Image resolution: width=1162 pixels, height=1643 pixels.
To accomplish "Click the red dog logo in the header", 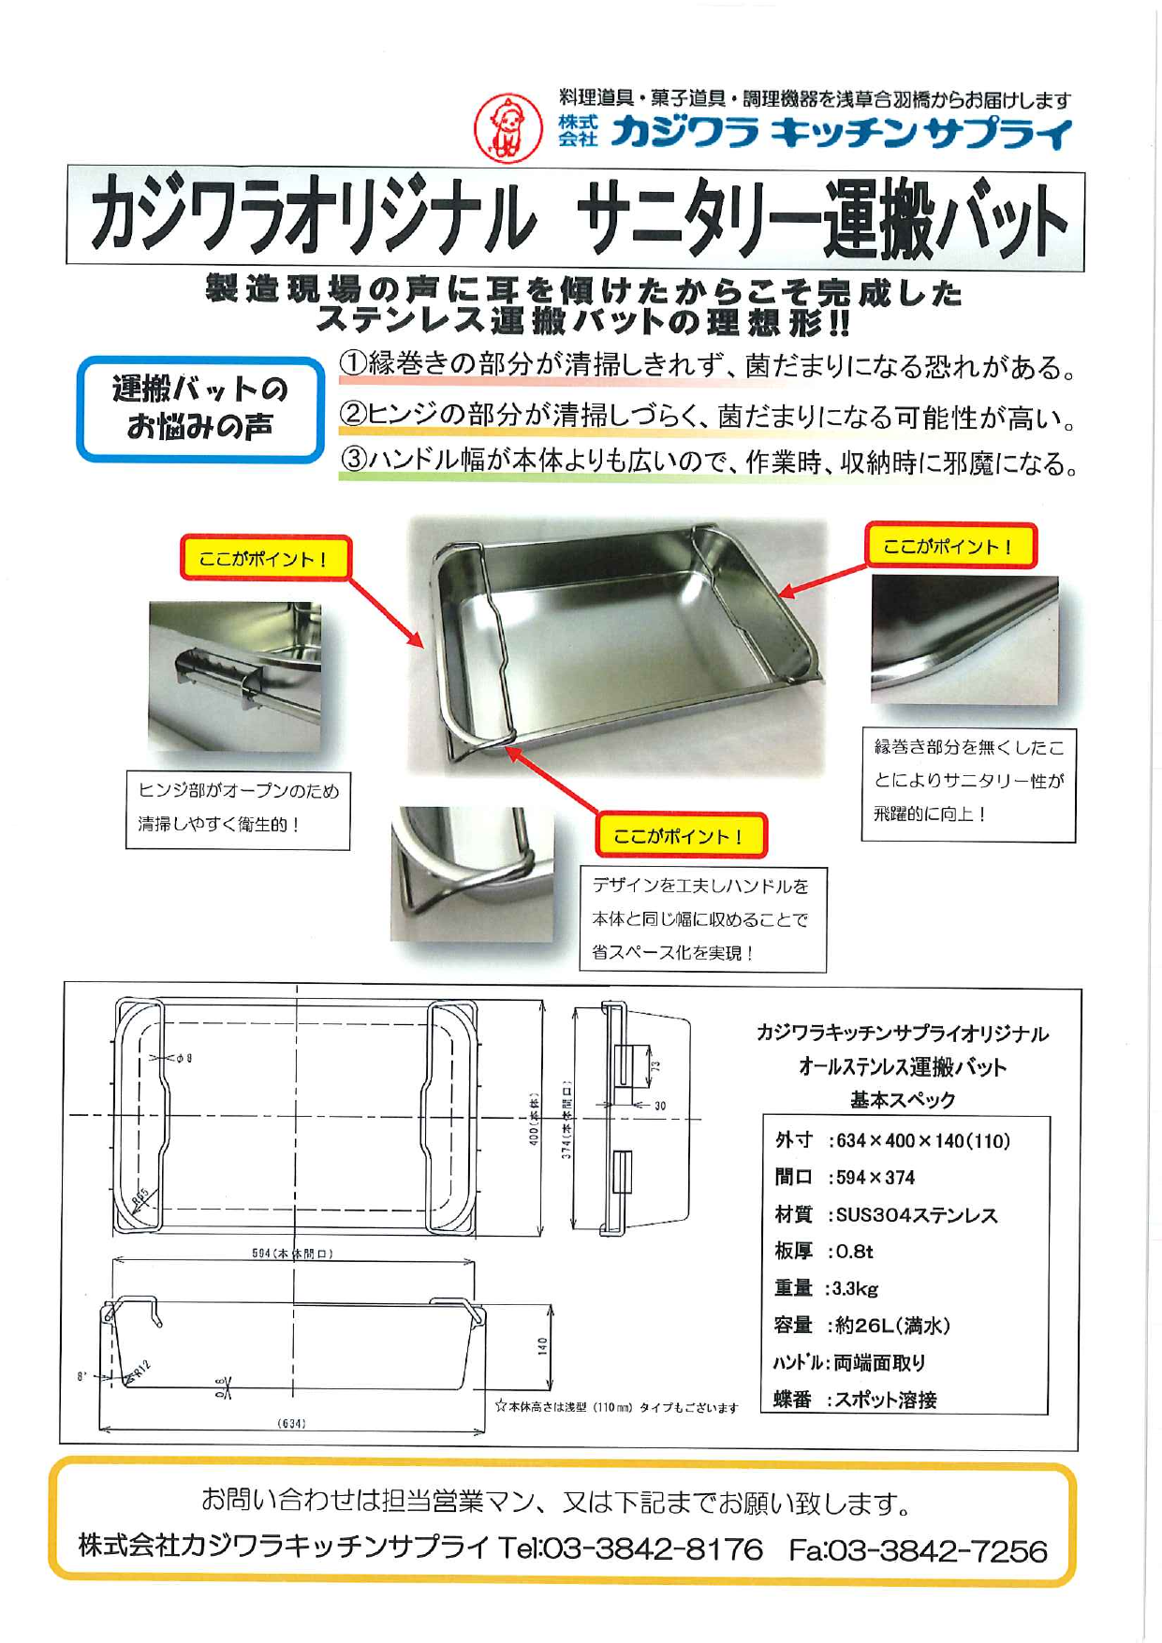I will [507, 128].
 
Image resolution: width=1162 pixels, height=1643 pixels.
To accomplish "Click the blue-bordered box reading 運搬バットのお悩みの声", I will [199, 409].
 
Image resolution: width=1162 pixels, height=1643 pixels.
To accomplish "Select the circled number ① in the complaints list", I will [352, 365].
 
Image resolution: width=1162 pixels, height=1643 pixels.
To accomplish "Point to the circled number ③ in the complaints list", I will [352, 462].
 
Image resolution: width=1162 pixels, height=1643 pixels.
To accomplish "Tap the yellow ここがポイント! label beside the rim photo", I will [949, 547].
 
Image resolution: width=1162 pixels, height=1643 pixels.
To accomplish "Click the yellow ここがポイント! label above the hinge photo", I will [265, 559].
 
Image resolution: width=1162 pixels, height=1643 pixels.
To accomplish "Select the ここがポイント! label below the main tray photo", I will [681, 835].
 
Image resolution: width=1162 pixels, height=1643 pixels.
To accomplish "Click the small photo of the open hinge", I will [234, 676].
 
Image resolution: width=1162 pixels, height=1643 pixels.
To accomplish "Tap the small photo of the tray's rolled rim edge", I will [963, 639].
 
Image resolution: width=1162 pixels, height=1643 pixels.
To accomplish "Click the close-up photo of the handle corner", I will [471, 873].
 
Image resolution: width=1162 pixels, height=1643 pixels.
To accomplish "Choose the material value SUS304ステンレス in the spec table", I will [916, 1215].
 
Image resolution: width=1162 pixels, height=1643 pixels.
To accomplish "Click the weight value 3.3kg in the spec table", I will [855, 1288].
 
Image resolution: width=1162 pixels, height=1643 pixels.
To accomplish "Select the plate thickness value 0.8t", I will [853, 1252].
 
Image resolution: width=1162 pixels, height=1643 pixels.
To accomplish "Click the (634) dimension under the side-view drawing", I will [291, 1424].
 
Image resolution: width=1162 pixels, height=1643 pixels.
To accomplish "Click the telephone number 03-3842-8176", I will [652, 1548].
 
